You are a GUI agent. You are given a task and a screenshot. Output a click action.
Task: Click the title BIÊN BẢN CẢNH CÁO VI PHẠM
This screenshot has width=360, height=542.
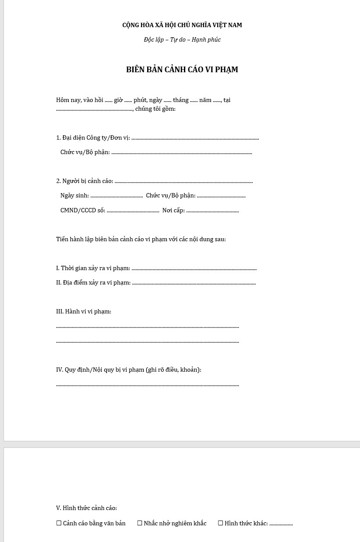pos(182,70)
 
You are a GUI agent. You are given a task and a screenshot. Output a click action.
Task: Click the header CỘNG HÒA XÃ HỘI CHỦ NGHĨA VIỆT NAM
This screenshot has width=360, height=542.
pos(182,25)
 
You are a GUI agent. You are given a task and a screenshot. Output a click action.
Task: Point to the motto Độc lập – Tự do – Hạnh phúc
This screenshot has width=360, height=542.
pos(182,39)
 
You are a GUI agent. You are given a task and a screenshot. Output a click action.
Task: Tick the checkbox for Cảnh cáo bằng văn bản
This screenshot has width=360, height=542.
pos(59,523)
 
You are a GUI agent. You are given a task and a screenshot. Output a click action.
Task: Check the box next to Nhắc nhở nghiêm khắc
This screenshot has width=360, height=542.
pos(140,523)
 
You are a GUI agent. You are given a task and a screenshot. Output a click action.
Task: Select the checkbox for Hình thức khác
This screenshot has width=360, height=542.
pos(220,523)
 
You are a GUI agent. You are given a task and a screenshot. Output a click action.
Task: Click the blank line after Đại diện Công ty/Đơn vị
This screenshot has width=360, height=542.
pos(195,138)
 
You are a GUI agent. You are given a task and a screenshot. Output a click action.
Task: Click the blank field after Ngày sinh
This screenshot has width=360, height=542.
pos(116,196)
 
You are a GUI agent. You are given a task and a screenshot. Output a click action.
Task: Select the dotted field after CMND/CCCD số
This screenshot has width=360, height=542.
pos(133,211)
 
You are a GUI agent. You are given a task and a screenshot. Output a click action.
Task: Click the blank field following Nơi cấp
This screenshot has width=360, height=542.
pos(212,211)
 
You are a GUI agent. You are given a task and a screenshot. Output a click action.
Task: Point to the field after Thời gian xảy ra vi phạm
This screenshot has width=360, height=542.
pos(194,269)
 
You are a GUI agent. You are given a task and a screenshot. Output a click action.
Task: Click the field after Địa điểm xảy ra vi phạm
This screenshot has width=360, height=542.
pos(194,283)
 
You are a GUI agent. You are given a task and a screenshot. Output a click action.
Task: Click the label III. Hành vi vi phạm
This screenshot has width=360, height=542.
pos(84,311)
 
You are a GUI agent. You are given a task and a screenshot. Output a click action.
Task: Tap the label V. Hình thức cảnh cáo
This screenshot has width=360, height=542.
pos(86,508)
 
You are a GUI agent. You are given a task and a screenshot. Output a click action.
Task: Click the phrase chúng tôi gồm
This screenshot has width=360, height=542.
pos(155,109)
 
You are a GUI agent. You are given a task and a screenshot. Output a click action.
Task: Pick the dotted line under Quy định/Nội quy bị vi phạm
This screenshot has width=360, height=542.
pos(148,385)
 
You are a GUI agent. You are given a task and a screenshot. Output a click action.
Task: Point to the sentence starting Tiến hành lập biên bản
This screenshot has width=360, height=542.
pos(141,239)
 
